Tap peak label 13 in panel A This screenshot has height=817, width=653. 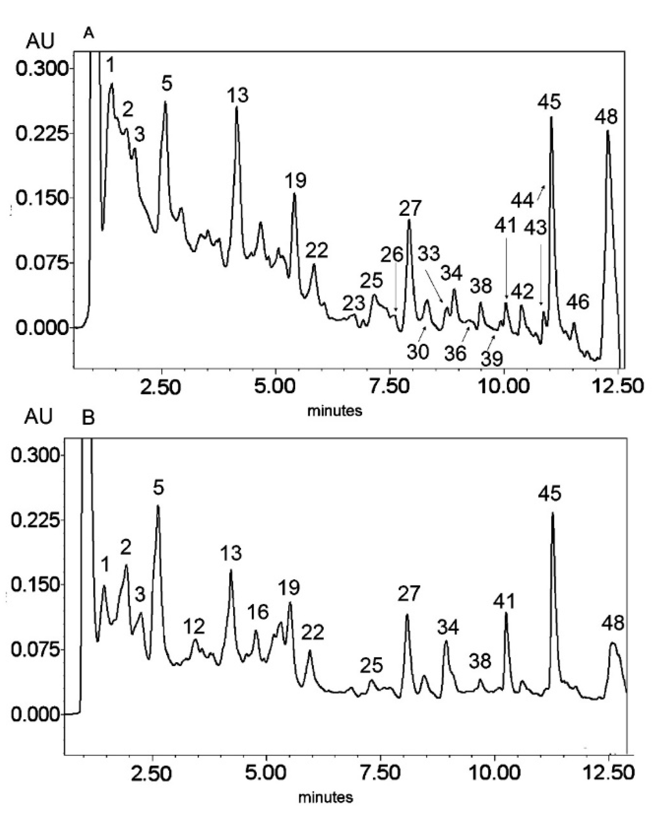[238, 95]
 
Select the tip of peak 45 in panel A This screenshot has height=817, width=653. [551, 118]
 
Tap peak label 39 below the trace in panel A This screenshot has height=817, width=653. [492, 358]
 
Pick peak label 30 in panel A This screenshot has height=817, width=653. [418, 351]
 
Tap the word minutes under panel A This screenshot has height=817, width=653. [335, 410]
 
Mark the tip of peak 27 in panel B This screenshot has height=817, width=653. [407, 615]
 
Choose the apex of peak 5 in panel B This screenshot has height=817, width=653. [158, 506]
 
